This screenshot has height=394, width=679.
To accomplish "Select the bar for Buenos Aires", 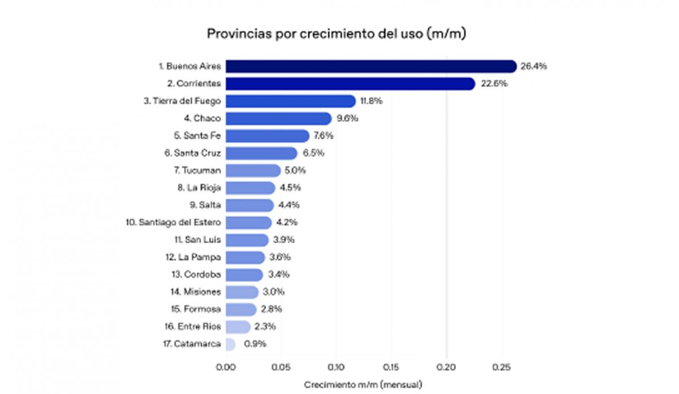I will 371,66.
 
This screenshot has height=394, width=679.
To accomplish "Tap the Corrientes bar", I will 350,84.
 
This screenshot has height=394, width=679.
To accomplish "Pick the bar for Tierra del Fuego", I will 290,101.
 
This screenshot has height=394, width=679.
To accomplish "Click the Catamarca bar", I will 230,344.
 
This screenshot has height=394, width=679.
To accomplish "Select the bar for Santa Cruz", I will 261,153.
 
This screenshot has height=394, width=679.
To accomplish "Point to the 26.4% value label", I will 534,66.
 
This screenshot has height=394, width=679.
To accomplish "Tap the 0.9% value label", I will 255,344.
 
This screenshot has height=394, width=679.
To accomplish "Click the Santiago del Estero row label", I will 173,222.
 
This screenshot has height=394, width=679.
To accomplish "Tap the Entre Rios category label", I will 195,327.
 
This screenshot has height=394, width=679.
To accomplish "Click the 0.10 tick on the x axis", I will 336,367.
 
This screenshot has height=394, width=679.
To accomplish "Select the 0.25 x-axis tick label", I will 501,367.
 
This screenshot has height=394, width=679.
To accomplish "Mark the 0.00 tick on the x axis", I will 226,367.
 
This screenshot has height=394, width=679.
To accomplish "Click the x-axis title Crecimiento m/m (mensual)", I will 363,384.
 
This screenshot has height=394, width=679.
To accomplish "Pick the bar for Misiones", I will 242,292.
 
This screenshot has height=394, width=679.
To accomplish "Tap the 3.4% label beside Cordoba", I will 279,275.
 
